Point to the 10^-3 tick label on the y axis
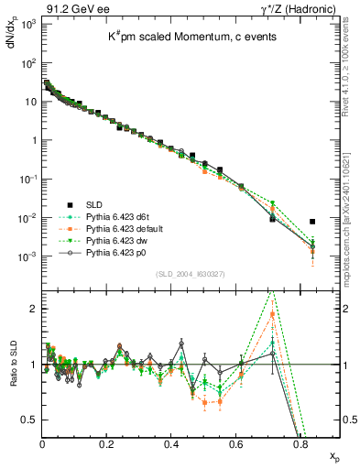[27, 257]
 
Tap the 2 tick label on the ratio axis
[33, 309]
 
